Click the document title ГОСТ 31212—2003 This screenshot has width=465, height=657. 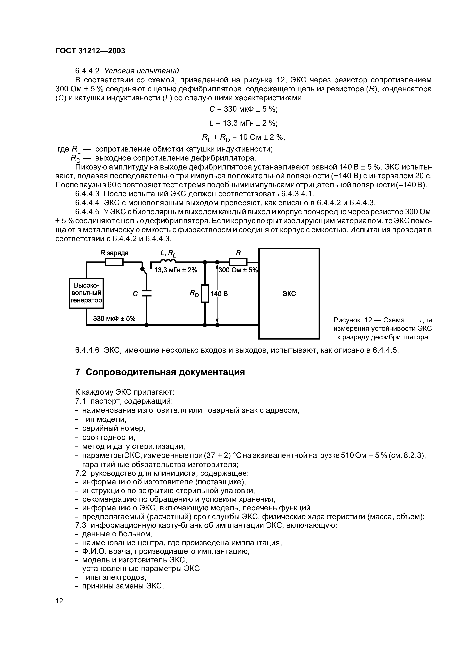(90, 51)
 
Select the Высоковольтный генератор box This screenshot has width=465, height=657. (86, 293)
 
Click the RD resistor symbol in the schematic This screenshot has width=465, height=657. (205, 293)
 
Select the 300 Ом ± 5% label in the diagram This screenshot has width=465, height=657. (238, 270)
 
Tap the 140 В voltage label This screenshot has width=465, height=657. (219, 294)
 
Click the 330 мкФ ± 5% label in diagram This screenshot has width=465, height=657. (114, 319)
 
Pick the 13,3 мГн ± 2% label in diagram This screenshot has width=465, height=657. (176, 270)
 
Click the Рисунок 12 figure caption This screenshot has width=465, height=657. (382, 328)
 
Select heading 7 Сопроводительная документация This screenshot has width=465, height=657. (160, 372)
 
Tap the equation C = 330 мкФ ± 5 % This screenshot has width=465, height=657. (244, 109)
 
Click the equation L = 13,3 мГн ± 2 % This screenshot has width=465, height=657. (244, 123)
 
